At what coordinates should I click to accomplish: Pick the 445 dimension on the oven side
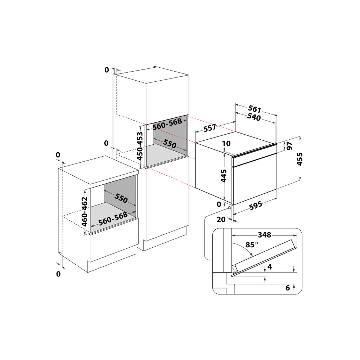tap(224, 176)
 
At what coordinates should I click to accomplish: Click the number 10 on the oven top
tap(226, 144)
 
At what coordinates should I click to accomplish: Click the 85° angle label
tap(252, 244)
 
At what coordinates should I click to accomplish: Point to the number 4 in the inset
tap(269, 267)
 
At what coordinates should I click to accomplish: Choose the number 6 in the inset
tap(287, 288)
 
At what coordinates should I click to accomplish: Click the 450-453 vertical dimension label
tap(141, 146)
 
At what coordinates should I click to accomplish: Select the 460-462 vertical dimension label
tap(85, 211)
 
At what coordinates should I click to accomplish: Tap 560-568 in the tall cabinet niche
tap(167, 124)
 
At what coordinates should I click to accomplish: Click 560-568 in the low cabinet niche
tap(113, 219)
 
